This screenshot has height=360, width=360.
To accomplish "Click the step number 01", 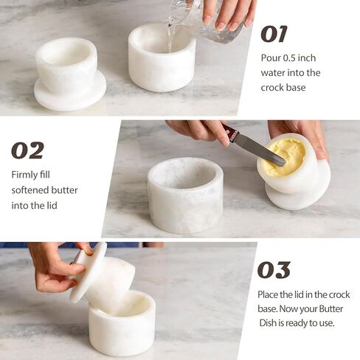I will pyautogui.click(x=274, y=34).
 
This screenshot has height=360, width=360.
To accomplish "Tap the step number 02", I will pyautogui.click(x=27, y=150).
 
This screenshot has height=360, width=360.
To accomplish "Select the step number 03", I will pyautogui.click(x=274, y=270).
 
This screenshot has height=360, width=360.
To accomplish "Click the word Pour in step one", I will pyautogui.click(x=271, y=58).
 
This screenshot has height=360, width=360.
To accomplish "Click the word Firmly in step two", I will pyautogui.click(x=27, y=175).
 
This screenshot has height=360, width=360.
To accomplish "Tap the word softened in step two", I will pyautogui.click(x=32, y=190).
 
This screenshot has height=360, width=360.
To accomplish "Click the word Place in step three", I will pyautogui.click(x=271, y=294).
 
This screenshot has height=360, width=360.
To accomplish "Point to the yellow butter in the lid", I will pyautogui.click(x=285, y=157).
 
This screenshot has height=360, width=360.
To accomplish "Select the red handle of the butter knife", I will pyautogui.click(x=231, y=134).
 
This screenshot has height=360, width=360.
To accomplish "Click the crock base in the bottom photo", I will pyautogui.click(x=122, y=324).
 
